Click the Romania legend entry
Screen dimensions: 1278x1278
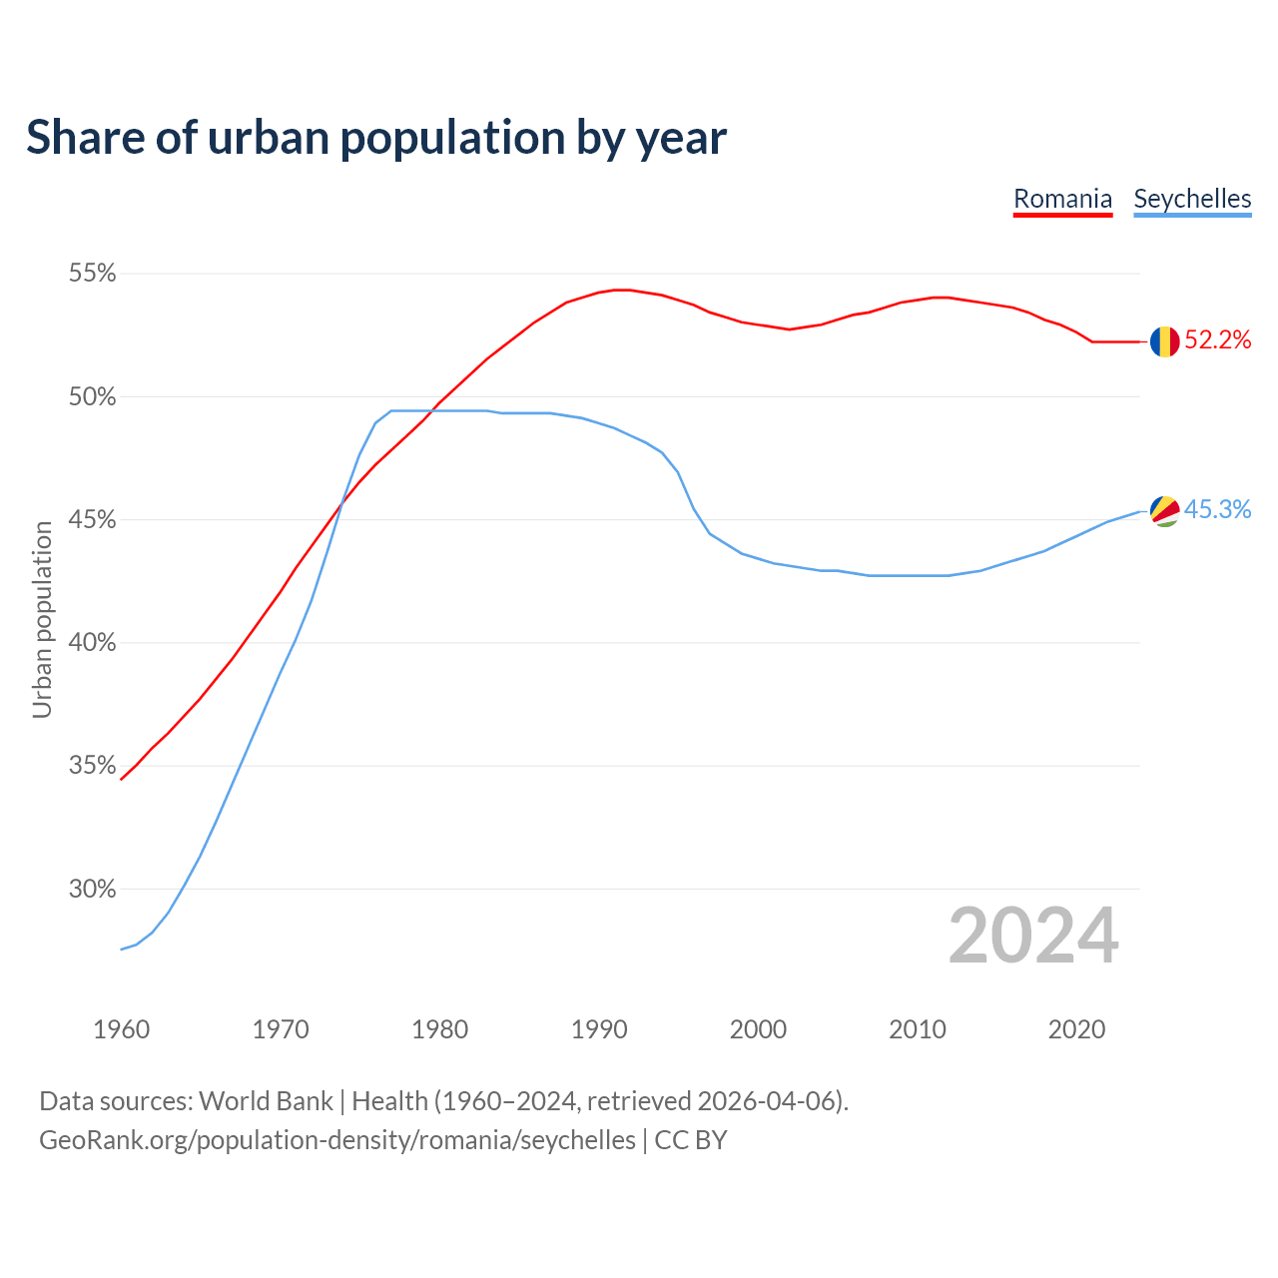tap(1062, 199)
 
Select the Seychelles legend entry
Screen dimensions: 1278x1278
tap(1192, 199)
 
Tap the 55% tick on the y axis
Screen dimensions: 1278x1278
tap(93, 274)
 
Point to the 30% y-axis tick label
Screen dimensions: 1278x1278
tap(93, 889)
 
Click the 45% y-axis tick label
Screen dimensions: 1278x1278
tap(93, 520)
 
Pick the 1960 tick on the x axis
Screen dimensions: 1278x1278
tap(121, 1029)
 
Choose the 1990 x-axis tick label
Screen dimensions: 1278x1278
tap(599, 1029)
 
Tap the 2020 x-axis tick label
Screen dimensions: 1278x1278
tap(1076, 1029)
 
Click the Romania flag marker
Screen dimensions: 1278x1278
tap(1164, 341)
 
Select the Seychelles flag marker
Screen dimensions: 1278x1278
tap(1164, 511)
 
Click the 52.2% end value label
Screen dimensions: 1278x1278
tap(1218, 340)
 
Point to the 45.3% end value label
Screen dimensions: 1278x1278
tap(1218, 510)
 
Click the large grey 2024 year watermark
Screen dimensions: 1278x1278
tap(1033, 936)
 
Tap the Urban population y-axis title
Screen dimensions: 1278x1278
tap(42, 619)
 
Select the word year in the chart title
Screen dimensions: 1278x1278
tap(683, 139)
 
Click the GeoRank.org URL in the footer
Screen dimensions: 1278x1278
tap(336, 1140)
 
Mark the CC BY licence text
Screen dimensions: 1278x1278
tap(691, 1140)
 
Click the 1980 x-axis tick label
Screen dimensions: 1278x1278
tap(439, 1029)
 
